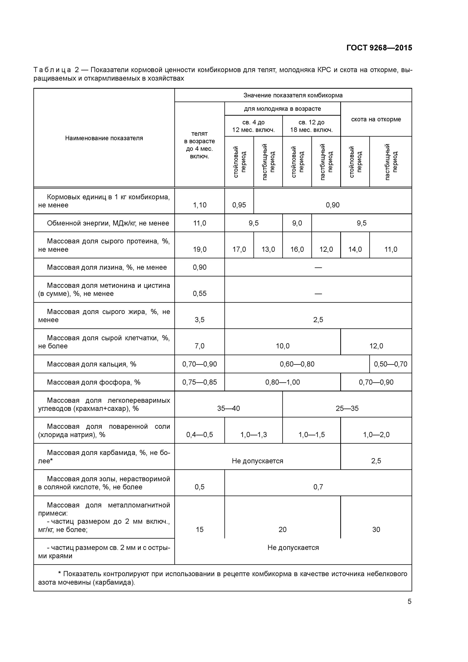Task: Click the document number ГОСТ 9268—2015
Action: pos(379,48)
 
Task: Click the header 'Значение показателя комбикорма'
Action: pos(293,95)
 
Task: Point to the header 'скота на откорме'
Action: pos(376,119)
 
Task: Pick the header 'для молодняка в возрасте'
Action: pos(282,109)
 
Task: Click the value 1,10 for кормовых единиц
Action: pos(199,205)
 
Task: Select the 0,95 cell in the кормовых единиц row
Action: pos(239,205)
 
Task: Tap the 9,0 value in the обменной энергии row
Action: pos(297,223)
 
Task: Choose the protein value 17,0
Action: pos(239,249)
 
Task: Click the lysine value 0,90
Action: pos(199,267)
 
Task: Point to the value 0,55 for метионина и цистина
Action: pos(199,293)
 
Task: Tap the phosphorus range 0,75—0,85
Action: pos(199,382)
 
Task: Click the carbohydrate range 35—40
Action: pos(228,408)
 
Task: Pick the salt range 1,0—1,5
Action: pos(311,434)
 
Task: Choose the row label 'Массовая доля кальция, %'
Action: pos(91,364)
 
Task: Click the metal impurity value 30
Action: pos(376,529)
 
